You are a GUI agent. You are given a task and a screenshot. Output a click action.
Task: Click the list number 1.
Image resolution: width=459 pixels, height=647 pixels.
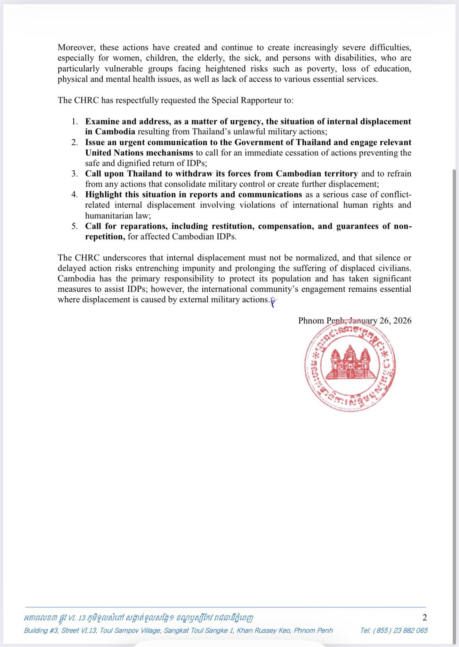coord(74,121)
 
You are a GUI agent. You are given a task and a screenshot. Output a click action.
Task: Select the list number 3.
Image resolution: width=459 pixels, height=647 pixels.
coord(74,174)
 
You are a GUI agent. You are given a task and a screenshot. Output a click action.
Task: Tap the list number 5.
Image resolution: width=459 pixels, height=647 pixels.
coord(74,226)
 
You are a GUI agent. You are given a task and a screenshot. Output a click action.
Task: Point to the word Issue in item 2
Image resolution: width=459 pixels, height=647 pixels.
coord(95,143)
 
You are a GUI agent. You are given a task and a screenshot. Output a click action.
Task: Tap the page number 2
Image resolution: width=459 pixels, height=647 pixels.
coord(425,617)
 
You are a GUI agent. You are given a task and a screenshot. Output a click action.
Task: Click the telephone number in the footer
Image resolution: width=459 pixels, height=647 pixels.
coord(394,631)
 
